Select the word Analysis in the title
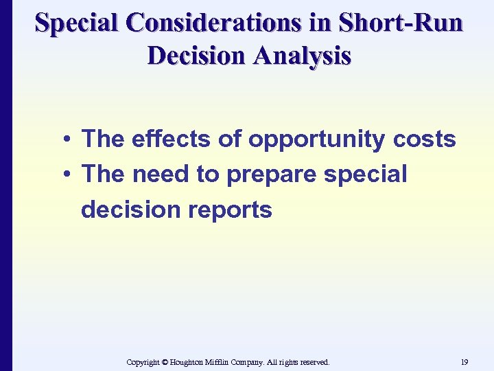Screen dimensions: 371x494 click(x=301, y=55)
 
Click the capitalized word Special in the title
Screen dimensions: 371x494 click(x=76, y=23)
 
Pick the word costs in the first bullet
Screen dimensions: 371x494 click(x=425, y=139)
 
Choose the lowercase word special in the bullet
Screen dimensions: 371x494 click(x=365, y=175)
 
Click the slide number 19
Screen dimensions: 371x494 click(x=464, y=361)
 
